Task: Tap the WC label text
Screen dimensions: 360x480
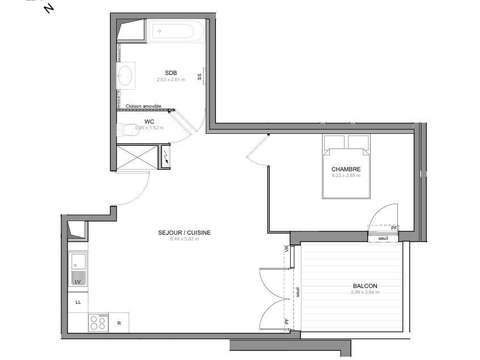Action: coord(148,121)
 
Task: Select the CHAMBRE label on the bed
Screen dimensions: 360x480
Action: coord(346,169)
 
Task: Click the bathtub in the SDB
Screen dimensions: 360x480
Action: coord(178,32)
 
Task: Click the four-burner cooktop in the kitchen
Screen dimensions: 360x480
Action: coord(99,322)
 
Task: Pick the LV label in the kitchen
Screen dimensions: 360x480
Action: coord(77,283)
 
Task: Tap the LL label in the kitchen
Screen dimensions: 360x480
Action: coord(77,301)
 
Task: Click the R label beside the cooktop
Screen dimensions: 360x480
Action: coord(119,323)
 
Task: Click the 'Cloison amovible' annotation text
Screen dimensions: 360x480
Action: coord(142,105)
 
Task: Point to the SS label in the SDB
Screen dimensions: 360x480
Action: coord(200,76)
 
